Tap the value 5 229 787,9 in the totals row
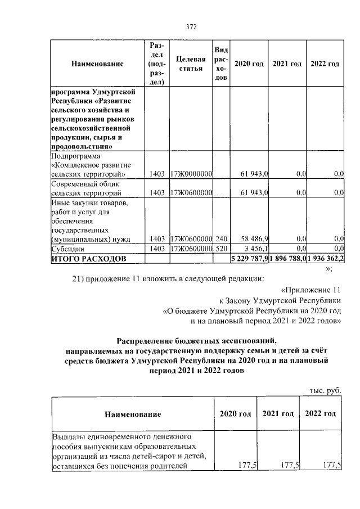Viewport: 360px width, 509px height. [250, 258]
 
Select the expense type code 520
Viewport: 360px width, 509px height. [221, 248]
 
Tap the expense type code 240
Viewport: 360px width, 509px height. [221, 238]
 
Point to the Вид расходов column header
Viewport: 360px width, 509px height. [221, 64]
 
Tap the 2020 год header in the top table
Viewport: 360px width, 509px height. [249, 64]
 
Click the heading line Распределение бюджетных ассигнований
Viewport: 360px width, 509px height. [197, 340]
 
